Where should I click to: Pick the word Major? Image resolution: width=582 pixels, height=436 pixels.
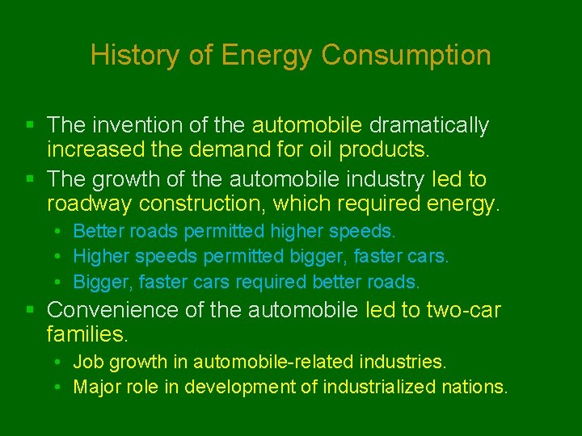tap(95, 387)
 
